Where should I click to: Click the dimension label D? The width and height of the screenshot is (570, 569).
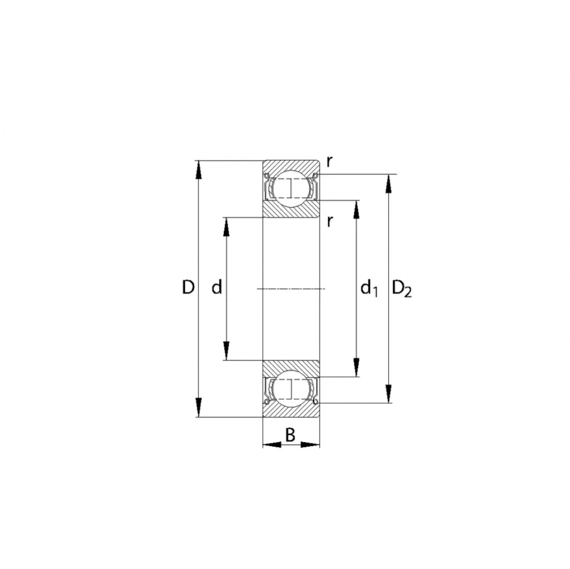188,287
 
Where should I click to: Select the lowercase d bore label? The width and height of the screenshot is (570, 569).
217,287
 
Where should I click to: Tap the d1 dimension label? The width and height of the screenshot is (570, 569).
369,289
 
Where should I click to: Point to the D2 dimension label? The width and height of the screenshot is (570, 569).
402,289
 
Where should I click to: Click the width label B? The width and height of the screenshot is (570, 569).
290,435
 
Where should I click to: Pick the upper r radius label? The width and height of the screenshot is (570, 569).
329,162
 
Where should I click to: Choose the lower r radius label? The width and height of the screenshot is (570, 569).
329,220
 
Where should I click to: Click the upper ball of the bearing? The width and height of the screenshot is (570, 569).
291,188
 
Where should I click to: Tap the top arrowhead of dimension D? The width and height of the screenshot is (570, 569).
198,169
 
